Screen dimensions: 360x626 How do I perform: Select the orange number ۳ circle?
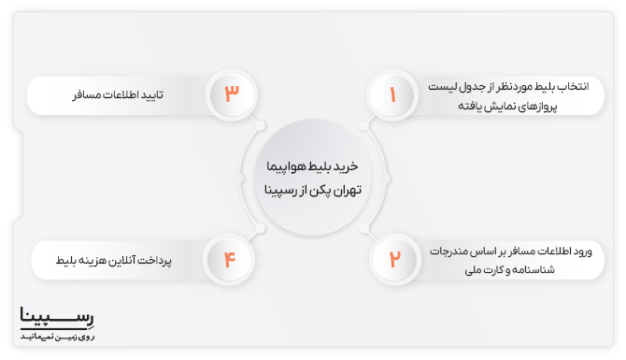coord(233,94)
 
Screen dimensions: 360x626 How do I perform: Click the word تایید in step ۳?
coord(165,94)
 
